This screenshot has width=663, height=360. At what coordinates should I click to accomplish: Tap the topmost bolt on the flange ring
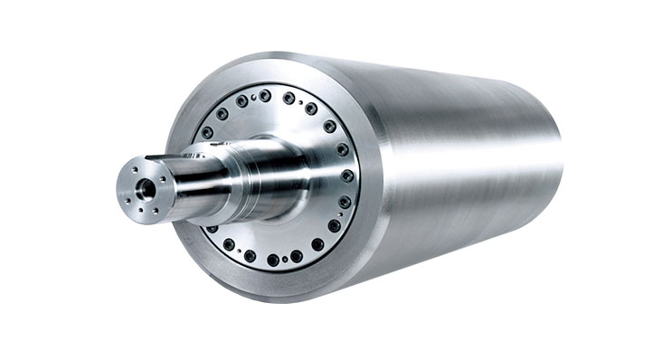tap(265, 94)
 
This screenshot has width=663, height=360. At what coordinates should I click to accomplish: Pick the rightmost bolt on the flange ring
tap(347, 175)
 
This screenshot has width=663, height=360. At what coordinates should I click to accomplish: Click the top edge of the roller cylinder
tap(407, 66)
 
